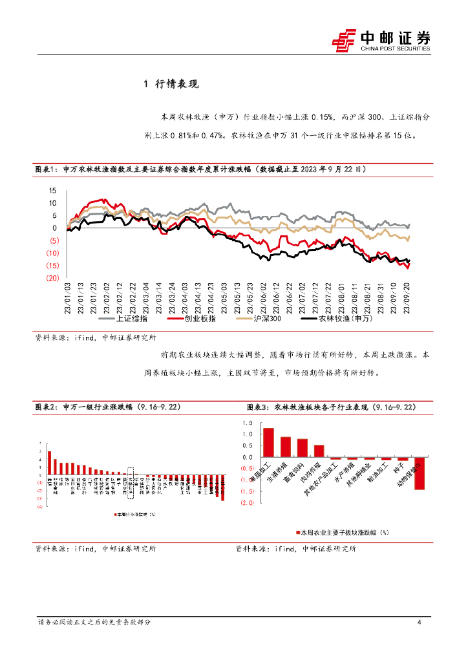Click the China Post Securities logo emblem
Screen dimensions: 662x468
coord(344,40)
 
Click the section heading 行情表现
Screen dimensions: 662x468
coord(177,84)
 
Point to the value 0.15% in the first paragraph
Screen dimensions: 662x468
coord(321,117)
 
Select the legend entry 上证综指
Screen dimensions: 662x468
coord(129,319)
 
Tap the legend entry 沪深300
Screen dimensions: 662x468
coord(266,319)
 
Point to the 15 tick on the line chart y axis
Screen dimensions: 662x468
coord(52,191)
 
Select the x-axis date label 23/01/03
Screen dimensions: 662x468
coord(67,297)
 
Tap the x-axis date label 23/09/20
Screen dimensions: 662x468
coord(407,297)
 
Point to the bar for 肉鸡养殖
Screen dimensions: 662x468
coord(319,451)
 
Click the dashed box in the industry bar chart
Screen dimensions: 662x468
coord(131,481)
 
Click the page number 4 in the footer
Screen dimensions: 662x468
coord(420,622)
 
